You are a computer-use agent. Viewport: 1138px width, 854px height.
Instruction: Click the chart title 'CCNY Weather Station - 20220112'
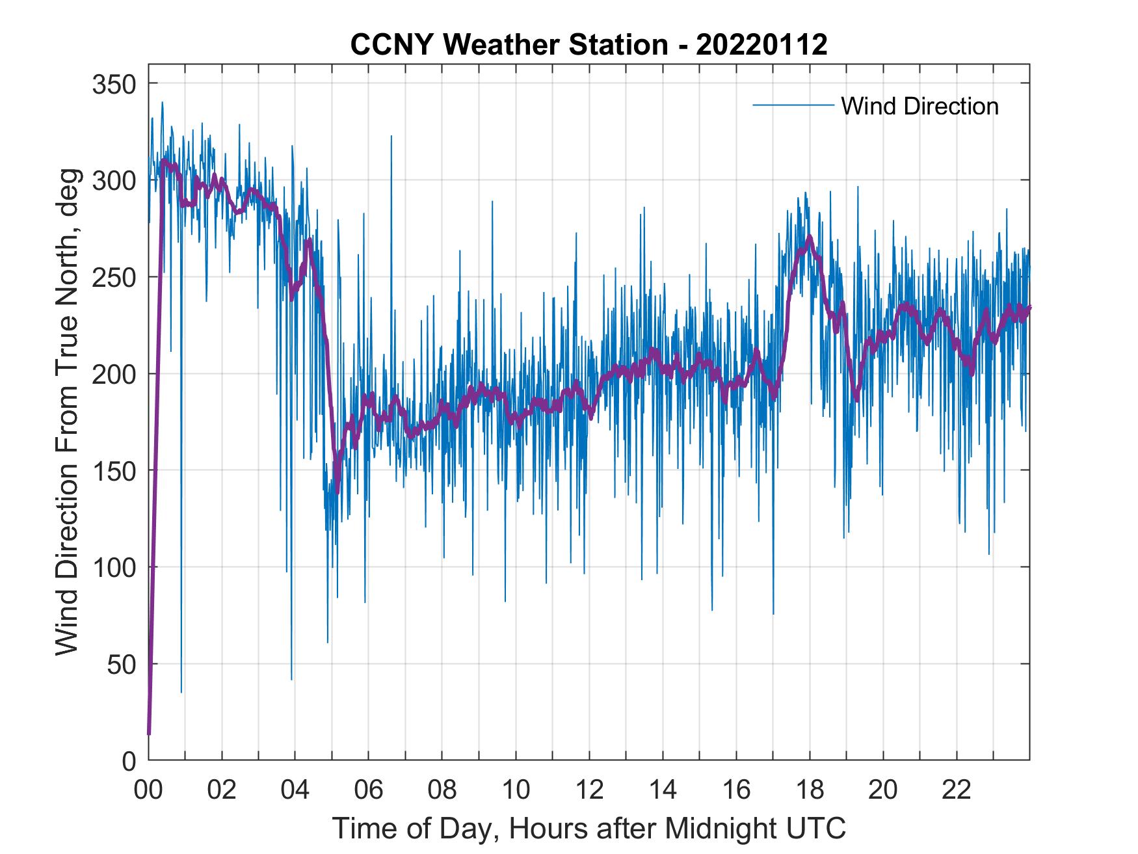point(589,45)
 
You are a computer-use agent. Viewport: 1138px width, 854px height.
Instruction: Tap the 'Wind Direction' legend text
point(920,106)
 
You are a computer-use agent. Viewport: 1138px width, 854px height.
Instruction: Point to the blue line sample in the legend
point(793,105)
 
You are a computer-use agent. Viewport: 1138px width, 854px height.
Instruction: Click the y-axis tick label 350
point(115,84)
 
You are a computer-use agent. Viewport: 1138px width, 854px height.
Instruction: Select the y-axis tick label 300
point(115,180)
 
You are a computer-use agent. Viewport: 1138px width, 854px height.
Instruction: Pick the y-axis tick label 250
point(115,277)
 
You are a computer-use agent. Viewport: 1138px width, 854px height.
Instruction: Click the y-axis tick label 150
point(115,470)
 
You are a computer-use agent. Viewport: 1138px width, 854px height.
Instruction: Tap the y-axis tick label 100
point(115,567)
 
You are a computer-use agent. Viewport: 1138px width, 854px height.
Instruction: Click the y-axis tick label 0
point(129,760)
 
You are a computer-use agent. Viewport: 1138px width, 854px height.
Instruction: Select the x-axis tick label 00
point(148,790)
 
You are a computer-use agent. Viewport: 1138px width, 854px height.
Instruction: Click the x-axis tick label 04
point(295,790)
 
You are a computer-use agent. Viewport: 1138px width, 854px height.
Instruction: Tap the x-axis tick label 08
point(442,790)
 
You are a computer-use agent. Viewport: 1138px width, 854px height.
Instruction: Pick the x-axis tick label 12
point(589,790)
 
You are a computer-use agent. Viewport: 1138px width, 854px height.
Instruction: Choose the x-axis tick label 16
point(736,790)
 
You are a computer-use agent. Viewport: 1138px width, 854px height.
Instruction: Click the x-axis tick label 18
point(810,790)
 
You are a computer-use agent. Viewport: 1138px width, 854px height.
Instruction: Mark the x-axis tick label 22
point(957,790)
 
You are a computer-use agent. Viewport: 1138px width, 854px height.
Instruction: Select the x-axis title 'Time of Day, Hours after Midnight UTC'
point(589,829)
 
